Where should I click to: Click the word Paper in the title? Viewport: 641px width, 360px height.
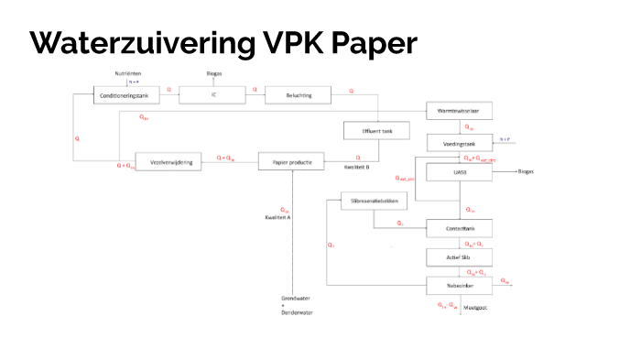coord(374,42)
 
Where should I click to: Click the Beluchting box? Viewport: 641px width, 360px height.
coord(299,95)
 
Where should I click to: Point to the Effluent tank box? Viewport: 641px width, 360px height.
coord(369,131)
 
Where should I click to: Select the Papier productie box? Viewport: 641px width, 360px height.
coord(291,161)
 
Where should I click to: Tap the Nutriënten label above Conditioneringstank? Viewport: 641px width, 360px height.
coord(127,71)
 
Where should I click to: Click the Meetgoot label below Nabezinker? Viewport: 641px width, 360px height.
coord(475,309)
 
